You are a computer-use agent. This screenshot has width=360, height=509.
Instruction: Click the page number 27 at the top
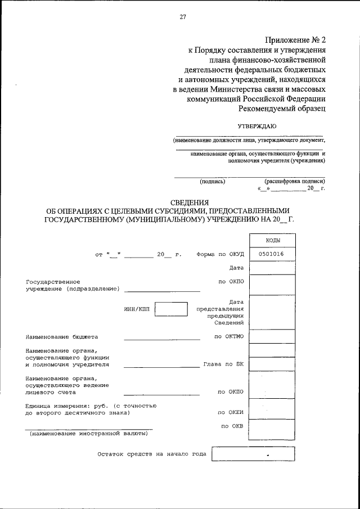(183, 17)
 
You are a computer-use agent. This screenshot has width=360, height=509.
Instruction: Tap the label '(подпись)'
(213, 182)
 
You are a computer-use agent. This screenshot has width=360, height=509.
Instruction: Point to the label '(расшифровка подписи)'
(294, 182)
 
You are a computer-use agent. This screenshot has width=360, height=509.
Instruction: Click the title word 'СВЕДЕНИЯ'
(190, 202)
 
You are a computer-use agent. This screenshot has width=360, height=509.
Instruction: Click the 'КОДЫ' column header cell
(272, 240)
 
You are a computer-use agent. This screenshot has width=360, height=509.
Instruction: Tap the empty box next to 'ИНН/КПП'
(171, 310)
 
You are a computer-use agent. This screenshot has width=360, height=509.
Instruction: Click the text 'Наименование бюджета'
(62, 337)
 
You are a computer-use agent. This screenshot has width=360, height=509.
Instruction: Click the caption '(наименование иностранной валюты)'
(89, 434)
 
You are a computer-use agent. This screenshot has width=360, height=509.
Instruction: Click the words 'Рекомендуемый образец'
(282, 109)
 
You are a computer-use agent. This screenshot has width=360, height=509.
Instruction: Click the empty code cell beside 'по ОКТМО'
(272, 336)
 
